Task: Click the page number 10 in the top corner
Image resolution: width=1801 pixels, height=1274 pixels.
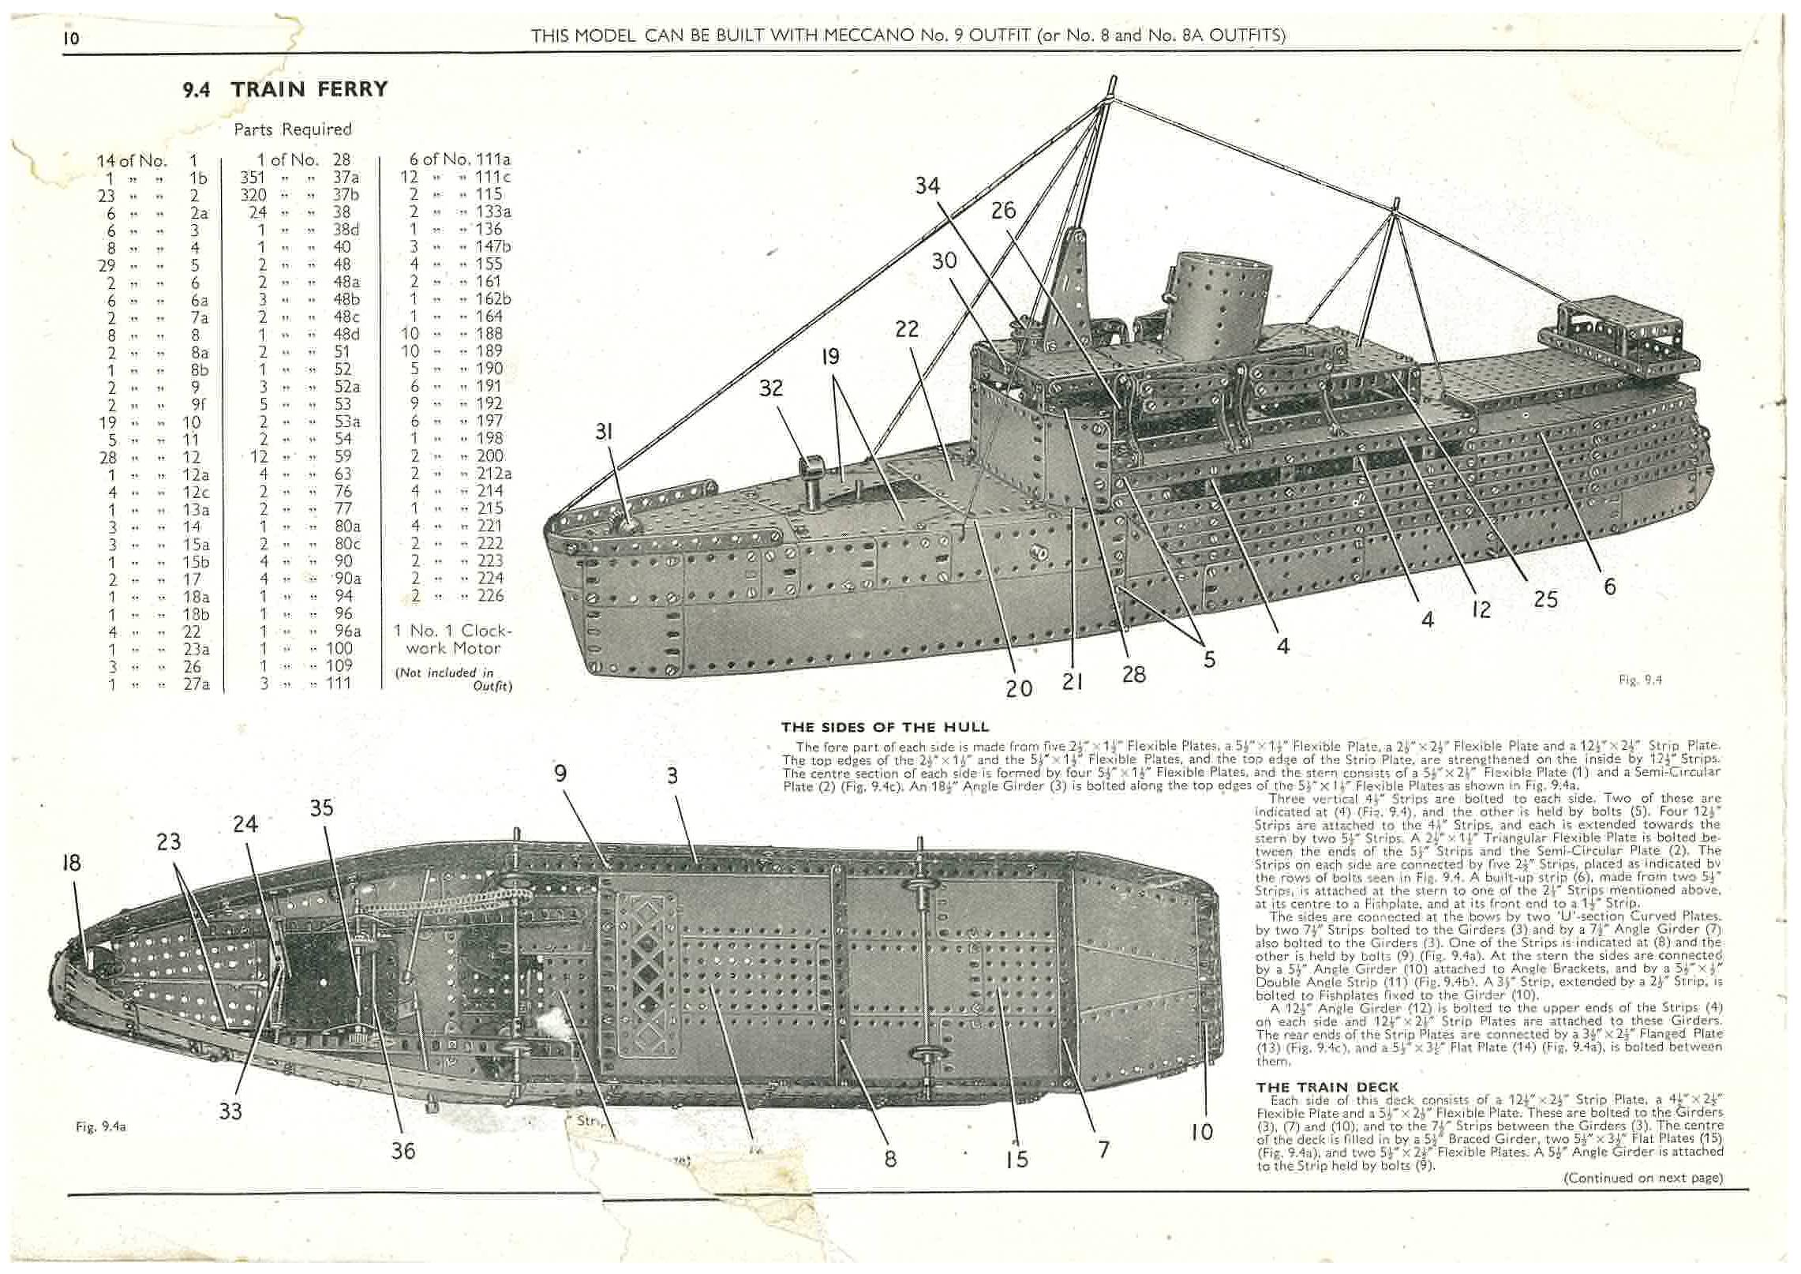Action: point(71,38)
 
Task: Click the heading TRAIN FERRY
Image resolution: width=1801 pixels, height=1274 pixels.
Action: point(309,89)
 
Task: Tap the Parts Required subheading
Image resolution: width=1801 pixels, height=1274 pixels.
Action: point(292,129)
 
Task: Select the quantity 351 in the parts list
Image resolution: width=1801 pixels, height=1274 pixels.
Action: point(253,178)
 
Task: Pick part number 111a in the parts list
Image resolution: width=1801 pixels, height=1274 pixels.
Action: point(493,159)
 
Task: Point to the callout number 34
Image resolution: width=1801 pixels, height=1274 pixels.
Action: point(927,186)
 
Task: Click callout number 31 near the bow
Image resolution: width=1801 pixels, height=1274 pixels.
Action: point(605,432)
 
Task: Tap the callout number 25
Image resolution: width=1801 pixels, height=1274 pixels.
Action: point(1545,600)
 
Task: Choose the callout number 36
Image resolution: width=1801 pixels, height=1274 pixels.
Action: point(403,1151)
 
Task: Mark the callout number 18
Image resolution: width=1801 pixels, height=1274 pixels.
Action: point(71,863)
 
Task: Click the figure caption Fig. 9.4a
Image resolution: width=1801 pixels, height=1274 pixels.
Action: point(100,1127)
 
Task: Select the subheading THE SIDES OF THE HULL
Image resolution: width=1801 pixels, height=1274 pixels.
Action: point(885,727)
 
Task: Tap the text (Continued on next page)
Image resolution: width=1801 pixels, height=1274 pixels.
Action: point(1643,1178)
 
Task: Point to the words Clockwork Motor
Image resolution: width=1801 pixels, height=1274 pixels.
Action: point(454,639)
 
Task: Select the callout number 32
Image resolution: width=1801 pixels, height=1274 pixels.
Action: point(771,388)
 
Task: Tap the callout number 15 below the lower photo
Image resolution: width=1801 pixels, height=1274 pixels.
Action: point(1017,1158)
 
